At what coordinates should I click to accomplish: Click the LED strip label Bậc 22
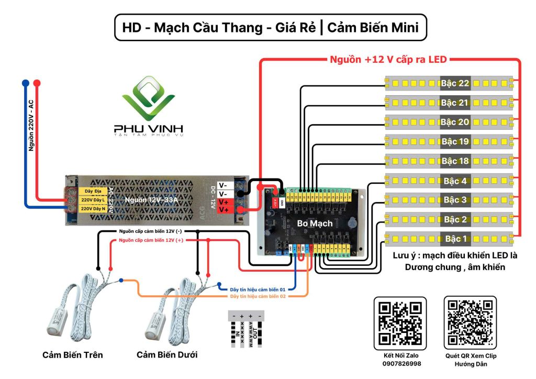point(455,83)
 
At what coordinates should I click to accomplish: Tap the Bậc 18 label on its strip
point(455,161)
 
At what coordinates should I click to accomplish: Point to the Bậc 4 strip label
point(455,181)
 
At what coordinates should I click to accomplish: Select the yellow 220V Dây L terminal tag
point(93,199)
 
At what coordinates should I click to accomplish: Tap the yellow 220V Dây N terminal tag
point(93,208)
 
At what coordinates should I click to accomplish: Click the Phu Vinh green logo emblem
point(148,99)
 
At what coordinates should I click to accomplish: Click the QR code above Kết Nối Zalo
point(400,323)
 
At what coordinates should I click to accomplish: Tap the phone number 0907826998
point(400,363)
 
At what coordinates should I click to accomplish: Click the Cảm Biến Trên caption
point(73,355)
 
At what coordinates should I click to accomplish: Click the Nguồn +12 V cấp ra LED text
point(387,59)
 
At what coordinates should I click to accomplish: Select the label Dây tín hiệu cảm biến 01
point(258,289)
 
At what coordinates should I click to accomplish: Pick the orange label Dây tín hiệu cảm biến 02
point(258,296)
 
